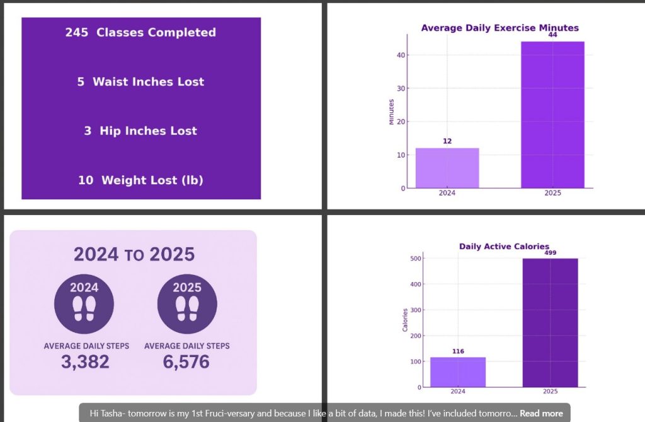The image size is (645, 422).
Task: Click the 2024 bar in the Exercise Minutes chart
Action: click(447, 168)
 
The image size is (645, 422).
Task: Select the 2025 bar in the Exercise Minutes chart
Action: click(552, 114)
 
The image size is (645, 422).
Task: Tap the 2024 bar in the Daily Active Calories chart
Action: click(458, 372)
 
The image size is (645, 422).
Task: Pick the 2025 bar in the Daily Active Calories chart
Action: click(550, 322)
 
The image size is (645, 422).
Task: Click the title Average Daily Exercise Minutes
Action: click(499, 28)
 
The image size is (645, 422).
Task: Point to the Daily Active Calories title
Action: click(504, 247)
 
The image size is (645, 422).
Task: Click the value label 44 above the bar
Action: click(552, 35)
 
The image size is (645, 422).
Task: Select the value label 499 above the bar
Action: click(550, 252)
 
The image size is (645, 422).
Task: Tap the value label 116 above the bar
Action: click(458, 351)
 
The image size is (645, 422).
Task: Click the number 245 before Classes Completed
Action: click(77, 33)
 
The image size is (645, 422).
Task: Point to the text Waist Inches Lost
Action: click(149, 82)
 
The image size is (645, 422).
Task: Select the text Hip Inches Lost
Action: click(149, 131)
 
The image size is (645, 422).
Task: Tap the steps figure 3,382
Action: click(85, 362)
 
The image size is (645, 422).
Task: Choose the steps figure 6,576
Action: click(186, 362)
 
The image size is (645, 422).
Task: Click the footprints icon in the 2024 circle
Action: click(84, 308)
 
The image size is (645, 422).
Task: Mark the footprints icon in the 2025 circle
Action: click(186, 308)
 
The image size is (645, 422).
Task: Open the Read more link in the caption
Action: click(541, 414)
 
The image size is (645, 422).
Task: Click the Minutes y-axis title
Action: click(391, 112)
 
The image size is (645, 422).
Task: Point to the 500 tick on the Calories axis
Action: click(415, 259)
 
